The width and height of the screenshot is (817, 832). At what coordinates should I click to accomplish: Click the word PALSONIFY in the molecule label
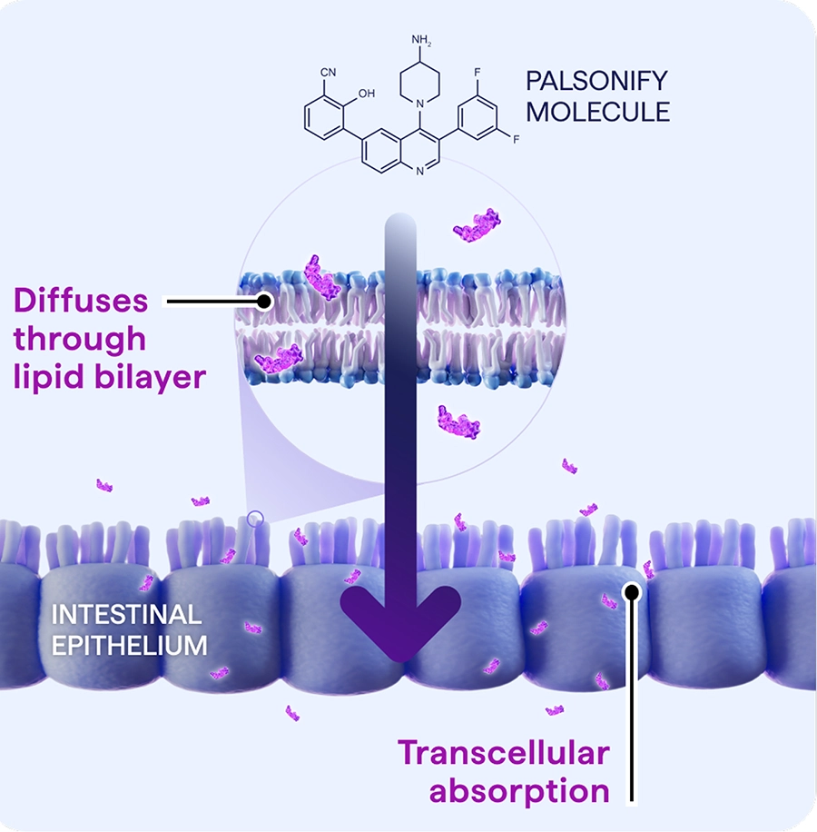tap(596, 81)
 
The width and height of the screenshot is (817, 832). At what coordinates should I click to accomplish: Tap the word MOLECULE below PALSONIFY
tap(598, 113)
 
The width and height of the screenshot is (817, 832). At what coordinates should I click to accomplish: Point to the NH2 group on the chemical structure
tap(422, 40)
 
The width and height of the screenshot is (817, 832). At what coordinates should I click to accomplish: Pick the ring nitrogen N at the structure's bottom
tap(418, 170)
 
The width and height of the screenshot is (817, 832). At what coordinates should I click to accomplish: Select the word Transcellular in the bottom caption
tap(504, 753)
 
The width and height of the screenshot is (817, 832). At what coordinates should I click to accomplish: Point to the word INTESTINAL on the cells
tap(125, 615)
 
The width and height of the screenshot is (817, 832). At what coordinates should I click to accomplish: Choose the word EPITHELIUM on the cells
tap(129, 646)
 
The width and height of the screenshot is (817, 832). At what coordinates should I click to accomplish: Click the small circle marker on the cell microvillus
tap(255, 520)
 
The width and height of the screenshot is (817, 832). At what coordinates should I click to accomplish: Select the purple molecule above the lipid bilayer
tap(477, 224)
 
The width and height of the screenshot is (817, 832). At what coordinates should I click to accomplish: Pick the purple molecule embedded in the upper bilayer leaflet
tap(322, 277)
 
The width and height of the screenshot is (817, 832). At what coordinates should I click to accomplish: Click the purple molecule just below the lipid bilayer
tap(458, 421)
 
